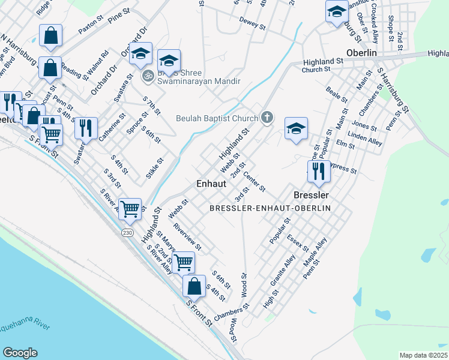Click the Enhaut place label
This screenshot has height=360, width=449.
pos(211,184)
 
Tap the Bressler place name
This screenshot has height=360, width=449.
pos(311,196)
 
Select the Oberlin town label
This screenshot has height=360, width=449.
pos(361,53)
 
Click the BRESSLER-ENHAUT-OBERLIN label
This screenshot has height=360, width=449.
pos(279,208)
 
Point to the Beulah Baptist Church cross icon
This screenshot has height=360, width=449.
pos(268,118)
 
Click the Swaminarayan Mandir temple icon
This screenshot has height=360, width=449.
pos(146,76)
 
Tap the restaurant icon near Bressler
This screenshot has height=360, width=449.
pos(319,171)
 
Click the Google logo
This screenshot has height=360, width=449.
pos(20,353)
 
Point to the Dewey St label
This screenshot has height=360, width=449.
pos(252,25)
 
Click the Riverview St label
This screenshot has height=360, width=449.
pos(187,236)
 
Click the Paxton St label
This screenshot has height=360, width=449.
pos(91,27)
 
